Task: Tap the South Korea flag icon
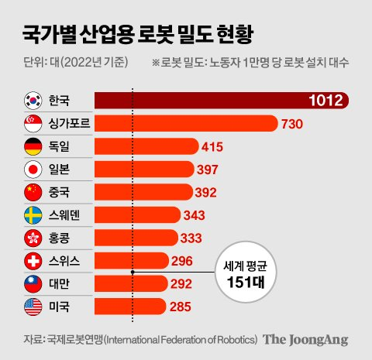pos(33,101)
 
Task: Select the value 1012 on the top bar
pos(325,101)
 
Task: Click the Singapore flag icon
pos(33,124)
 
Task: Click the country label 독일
pos(59,146)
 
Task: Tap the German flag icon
pos(33,146)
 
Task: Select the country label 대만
pos(59,284)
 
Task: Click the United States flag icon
pos(33,307)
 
